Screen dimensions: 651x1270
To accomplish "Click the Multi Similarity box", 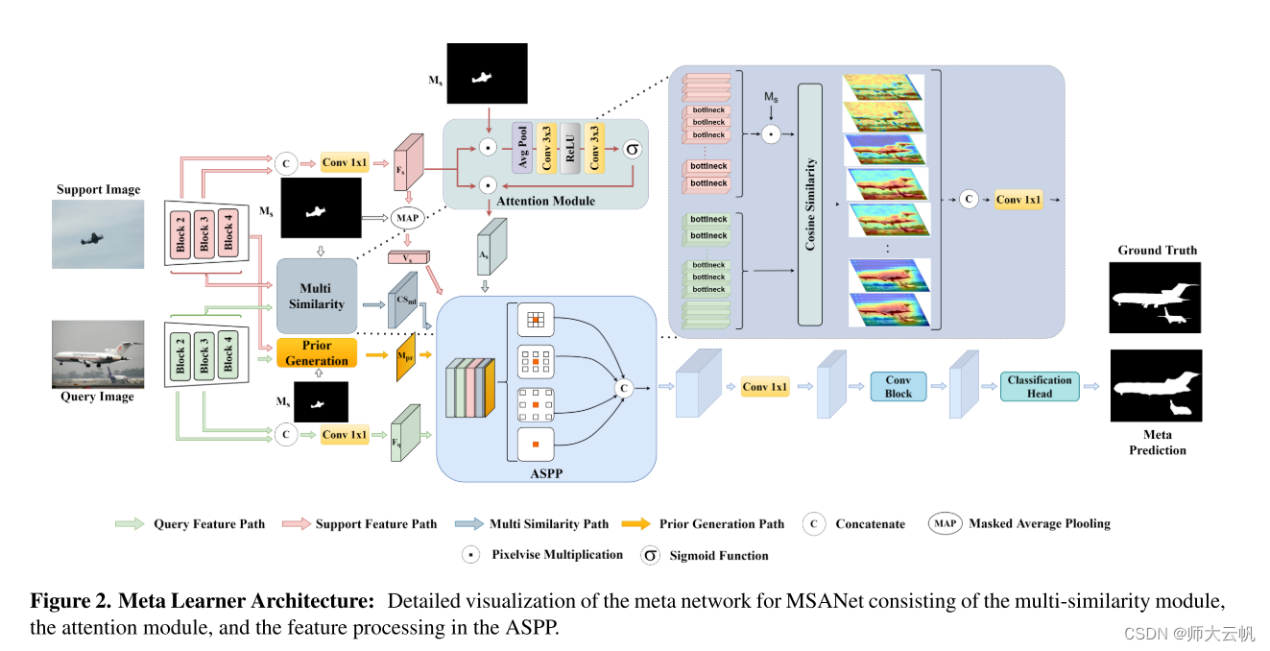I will (317, 296).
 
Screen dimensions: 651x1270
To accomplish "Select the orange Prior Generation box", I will (317, 353).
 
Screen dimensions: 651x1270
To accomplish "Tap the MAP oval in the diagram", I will (408, 218).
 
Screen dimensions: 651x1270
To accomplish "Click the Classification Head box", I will (1040, 386).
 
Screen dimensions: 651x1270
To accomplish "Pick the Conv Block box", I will (898, 386).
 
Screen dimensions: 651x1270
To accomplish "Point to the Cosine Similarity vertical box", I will (810, 204).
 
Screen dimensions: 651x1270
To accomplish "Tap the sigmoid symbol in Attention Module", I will (633, 149).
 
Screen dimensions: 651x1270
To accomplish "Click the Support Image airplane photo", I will (99, 233).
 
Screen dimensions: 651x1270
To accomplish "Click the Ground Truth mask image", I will (1155, 297).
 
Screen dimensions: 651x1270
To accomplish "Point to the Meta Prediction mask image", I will (1156, 385).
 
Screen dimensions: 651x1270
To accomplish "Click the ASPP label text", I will (546, 471).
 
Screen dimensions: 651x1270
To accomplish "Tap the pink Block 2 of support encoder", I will (180, 233).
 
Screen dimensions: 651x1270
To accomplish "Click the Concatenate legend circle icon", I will (814, 524).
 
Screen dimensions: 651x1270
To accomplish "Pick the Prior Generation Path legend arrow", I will (635, 524).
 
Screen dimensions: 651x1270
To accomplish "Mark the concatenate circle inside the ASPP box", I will (625, 388).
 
